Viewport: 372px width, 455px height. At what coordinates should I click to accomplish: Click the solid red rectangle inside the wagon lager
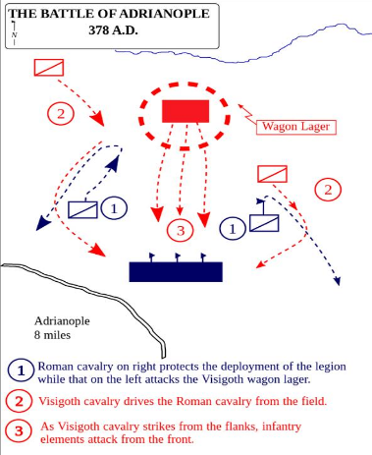click(x=186, y=111)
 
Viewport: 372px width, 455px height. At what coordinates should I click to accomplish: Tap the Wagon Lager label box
click(x=296, y=127)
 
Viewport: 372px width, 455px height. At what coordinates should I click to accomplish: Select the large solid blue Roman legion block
click(x=176, y=272)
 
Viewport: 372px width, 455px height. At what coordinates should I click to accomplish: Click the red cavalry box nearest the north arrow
click(x=49, y=68)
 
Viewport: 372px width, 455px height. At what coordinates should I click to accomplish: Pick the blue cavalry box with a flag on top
click(x=264, y=223)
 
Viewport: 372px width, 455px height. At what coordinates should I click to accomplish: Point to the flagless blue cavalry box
click(x=82, y=209)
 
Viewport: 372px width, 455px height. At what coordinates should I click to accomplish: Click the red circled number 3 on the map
click(x=181, y=230)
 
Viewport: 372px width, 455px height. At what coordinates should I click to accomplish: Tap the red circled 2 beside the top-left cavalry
click(x=61, y=114)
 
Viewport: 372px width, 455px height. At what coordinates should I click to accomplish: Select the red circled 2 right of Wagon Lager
click(x=328, y=190)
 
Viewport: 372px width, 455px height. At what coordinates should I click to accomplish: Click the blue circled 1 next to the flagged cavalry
click(x=233, y=229)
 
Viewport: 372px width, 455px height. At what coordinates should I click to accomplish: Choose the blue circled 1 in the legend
click(x=22, y=370)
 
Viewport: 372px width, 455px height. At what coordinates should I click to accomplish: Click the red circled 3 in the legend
click(x=19, y=430)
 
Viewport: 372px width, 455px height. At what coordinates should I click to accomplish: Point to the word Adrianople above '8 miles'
click(x=62, y=321)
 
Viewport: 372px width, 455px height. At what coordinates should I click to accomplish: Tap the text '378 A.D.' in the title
click(x=113, y=30)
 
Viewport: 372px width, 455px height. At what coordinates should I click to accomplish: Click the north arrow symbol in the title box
click(x=14, y=32)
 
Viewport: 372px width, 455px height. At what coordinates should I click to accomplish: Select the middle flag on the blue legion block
click(x=178, y=257)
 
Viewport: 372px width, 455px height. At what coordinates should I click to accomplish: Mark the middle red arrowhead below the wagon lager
click(x=180, y=211)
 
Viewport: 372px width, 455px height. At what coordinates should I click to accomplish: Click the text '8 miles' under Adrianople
click(x=52, y=335)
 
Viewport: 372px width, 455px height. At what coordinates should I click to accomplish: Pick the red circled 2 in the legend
click(x=19, y=401)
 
